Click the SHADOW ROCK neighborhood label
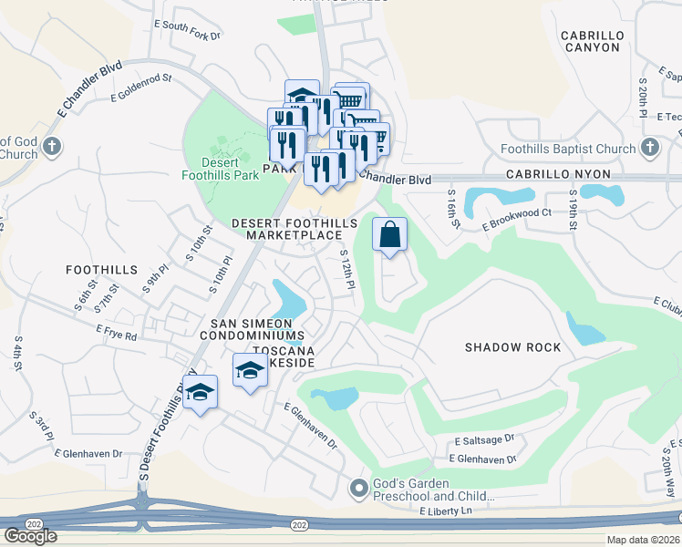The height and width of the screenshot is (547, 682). point(507,347)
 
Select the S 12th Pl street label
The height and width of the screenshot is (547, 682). point(347,271)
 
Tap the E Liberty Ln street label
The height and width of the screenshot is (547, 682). point(449,512)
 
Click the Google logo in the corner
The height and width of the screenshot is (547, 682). point(30,536)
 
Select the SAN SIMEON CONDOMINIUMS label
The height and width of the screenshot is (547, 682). point(252,329)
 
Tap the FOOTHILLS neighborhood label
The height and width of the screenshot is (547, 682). point(101,270)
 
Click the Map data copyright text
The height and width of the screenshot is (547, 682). point(643,540)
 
